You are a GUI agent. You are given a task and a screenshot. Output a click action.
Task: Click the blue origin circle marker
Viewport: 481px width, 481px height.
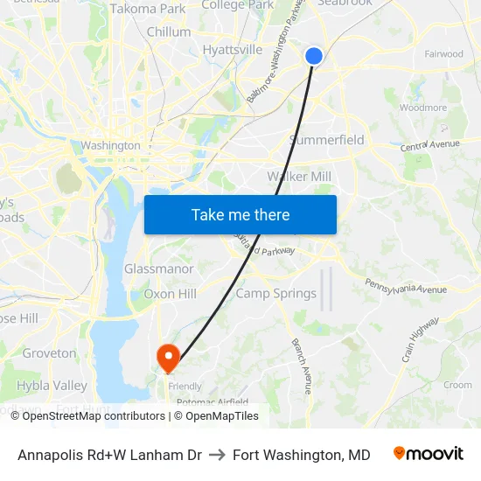coord(314,56)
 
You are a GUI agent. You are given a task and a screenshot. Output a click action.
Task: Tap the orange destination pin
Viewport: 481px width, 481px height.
coord(167,357)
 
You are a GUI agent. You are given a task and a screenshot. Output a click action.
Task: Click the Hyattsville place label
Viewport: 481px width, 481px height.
coord(233,50)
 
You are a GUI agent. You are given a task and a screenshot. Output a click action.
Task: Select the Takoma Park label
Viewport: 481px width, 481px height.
coord(148,9)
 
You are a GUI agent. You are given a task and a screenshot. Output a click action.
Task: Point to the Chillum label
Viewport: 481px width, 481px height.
coord(169,31)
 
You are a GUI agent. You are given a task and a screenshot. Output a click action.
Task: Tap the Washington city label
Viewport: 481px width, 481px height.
coord(110,145)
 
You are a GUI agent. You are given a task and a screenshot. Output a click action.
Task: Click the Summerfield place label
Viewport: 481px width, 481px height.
coord(326,140)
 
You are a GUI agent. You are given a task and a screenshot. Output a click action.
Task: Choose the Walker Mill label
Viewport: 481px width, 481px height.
coord(299,177)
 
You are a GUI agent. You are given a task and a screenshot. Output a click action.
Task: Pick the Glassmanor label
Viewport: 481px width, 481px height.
coord(159,269)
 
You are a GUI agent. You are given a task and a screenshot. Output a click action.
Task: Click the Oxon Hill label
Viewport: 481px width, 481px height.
coord(170,294)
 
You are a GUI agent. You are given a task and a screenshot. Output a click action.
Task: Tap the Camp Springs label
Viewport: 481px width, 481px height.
coord(276,294)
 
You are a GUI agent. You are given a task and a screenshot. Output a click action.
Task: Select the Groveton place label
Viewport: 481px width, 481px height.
coord(49,353)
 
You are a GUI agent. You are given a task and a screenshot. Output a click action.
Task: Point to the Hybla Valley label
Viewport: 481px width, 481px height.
coord(52,386)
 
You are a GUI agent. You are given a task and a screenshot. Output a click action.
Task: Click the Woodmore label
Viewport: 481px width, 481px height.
coord(422,108)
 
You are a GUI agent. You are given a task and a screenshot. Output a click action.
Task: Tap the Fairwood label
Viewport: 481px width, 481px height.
coord(443,54)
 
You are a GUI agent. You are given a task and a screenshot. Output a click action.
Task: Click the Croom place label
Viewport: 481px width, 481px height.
coord(457,385)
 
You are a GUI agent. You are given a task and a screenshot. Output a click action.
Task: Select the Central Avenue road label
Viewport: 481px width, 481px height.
coord(430,144)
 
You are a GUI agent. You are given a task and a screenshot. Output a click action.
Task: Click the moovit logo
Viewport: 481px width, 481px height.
coord(429,454)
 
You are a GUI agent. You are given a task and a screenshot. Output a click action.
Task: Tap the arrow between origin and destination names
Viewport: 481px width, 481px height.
coord(217,455)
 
